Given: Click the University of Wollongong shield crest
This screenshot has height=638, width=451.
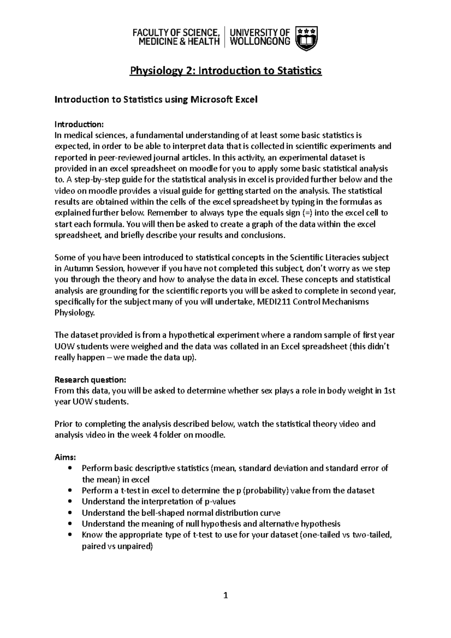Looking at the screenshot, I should pyautogui.click(x=307, y=38).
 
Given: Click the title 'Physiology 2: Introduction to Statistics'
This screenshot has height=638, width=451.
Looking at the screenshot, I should pyautogui.click(x=225, y=71).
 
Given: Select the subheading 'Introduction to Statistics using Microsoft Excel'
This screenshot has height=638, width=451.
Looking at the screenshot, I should pyautogui.click(x=156, y=100).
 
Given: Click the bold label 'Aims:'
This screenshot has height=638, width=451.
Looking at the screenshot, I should pyautogui.click(x=65, y=457).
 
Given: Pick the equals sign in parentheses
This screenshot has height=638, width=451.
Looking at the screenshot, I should pyautogui.click(x=307, y=213).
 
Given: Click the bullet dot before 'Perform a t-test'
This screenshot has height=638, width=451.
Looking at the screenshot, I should pyautogui.click(x=70, y=491).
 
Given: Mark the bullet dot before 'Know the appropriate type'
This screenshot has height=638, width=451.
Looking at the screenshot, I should pyautogui.click(x=70, y=535).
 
